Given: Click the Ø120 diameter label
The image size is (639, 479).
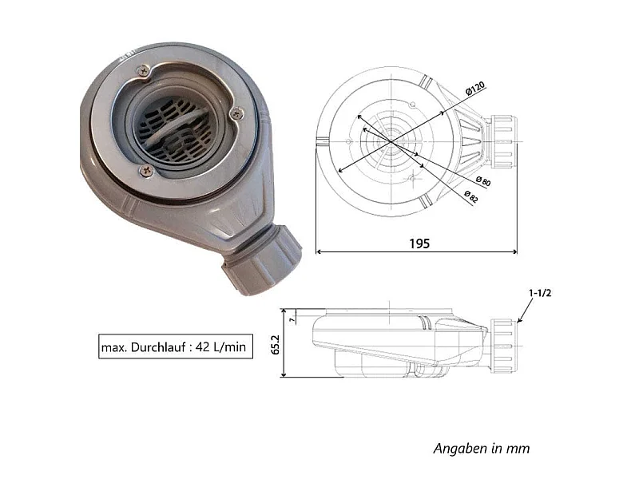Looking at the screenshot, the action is [x=475, y=89].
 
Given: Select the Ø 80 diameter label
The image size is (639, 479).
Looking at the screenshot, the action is [x=483, y=181].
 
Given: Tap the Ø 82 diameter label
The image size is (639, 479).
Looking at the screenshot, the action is [x=471, y=196].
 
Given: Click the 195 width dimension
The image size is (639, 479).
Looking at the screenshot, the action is [x=419, y=243].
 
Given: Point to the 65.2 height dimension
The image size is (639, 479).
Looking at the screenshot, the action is [x=276, y=345].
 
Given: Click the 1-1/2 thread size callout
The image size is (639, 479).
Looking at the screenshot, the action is [x=540, y=293].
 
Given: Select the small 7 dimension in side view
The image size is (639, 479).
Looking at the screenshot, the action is [x=292, y=320].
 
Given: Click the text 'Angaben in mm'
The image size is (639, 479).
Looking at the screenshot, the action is [x=482, y=449].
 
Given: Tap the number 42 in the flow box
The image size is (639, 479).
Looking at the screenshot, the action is [x=203, y=346].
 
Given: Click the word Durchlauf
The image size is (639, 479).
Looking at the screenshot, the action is [x=158, y=347].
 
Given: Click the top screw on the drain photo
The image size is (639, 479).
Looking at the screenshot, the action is [x=143, y=71].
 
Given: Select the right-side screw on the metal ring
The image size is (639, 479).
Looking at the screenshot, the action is [x=236, y=113].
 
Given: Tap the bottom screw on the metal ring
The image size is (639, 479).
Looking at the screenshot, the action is [x=147, y=170].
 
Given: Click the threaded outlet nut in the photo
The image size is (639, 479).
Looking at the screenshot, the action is [x=262, y=260].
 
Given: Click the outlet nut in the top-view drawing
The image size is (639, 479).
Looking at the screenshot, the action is [x=503, y=142].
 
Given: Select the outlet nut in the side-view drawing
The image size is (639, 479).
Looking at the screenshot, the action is [x=504, y=346].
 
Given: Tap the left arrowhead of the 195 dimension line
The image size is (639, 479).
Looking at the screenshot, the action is [x=319, y=251].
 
